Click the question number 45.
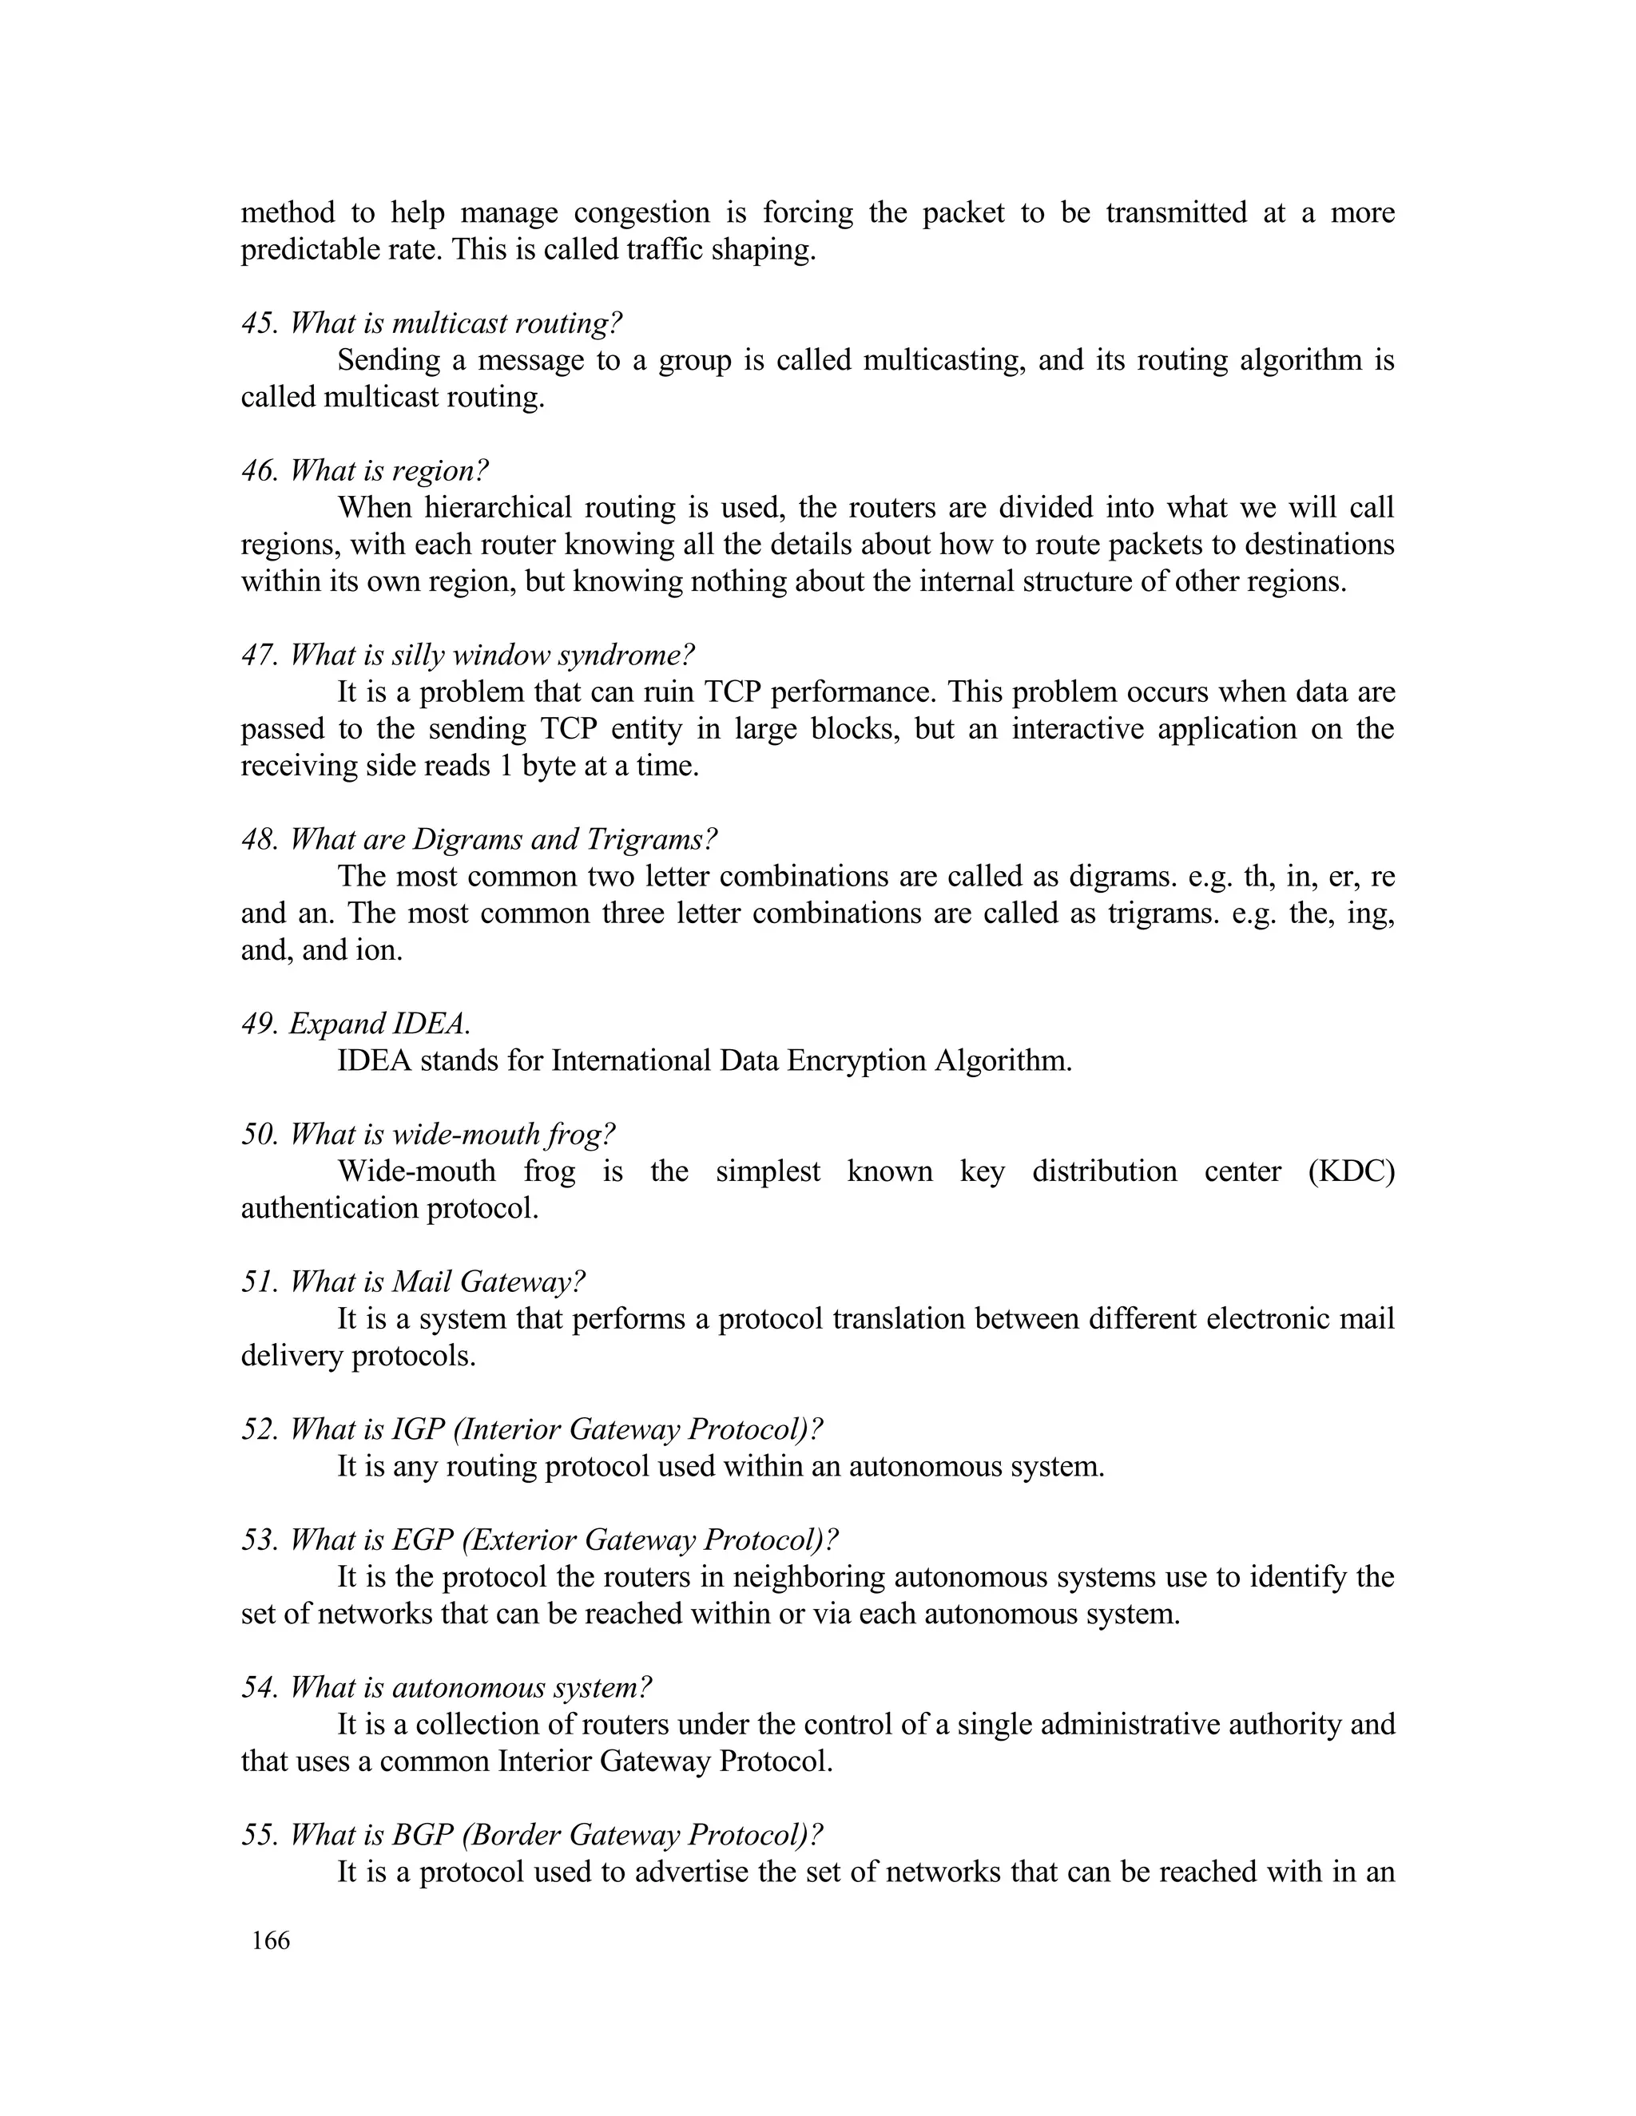(x=259, y=323)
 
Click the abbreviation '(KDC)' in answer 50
(x=1351, y=1171)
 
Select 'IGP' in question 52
(x=418, y=1429)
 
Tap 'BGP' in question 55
(x=423, y=1835)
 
